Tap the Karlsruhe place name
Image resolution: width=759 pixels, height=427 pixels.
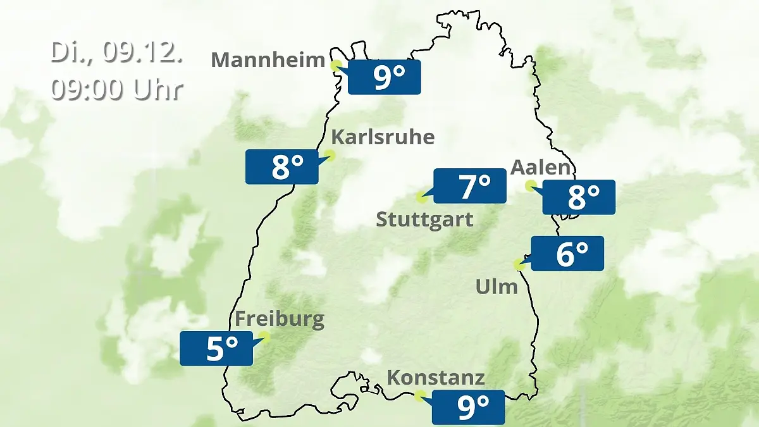[x=383, y=137]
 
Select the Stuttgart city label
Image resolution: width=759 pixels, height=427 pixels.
[x=424, y=220]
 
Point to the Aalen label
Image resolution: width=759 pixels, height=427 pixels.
[x=541, y=168]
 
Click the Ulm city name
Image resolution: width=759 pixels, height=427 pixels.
[x=497, y=287]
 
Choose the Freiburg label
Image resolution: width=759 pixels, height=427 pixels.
[x=280, y=319]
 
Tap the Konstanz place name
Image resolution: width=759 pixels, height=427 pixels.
[x=436, y=378]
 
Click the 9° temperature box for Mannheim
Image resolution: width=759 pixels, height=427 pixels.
[x=384, y=77]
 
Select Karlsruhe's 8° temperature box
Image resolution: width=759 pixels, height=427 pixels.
[x=281, y=167]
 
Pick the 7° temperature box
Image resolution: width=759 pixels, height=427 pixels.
[x=469, y=186]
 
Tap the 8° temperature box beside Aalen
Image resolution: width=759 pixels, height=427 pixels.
[x=579, y=197]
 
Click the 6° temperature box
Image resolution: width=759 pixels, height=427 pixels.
[x=567, y=254]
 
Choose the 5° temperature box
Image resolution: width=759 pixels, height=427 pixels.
[x=216, y=348]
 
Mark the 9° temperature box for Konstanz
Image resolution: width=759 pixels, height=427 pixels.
[x=468, y=407]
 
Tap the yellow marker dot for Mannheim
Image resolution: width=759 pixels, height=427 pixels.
[x=336, y=64]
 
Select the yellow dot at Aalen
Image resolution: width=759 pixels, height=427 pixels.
[x=531, y=185]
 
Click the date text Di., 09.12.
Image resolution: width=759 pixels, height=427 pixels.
[x=116, y=53]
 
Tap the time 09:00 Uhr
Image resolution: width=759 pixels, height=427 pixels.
[x=116, y=90]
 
